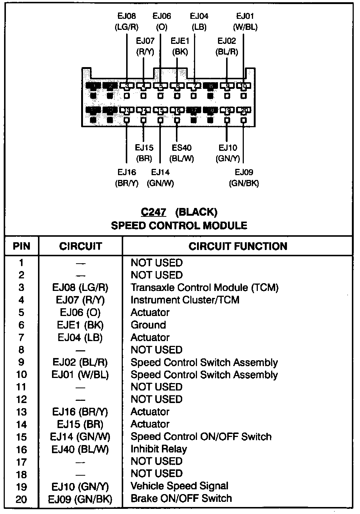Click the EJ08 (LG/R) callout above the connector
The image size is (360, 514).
tap(127, 21)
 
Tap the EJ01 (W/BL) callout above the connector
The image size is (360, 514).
tap(245, 21)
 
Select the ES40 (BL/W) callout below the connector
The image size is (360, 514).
tap(181, 153)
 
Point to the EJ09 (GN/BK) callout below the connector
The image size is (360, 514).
tap(244, 178)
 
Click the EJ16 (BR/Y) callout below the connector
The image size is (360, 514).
tap(127, 178)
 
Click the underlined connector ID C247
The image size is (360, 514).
tap(153, 212)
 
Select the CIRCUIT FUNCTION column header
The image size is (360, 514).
tap(238, 246)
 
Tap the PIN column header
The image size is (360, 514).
tap(21, 246)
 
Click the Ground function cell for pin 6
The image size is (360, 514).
tap(148, 325)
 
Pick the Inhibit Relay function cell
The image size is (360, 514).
tap(159, 449)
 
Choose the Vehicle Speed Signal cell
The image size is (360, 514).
tap(179, 486)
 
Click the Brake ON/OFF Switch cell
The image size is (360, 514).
tap(181, 499)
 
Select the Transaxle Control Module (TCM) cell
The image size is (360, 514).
tap(204, 288)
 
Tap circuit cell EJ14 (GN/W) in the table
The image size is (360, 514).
tap(80, 437)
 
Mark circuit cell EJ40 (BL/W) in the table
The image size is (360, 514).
tap(80, 449)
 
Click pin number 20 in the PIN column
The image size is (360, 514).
tap(21, 499)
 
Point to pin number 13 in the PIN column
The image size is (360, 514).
tap(21, 412)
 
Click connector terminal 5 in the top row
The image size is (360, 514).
tap(160, 86)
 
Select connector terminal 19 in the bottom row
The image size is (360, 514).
tap(227, 110)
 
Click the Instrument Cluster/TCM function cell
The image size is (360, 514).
tap(185, 300)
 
